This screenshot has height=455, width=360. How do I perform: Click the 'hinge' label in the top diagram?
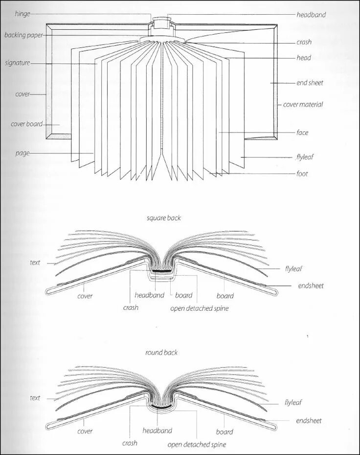click(x=22, y=14)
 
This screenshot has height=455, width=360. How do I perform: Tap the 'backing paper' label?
click(x=23, y=35)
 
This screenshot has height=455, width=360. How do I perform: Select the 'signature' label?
click(x=18, y=63)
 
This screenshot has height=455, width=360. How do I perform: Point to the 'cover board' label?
click(x=26, y=124)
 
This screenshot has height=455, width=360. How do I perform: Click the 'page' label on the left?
click(x=22, y=153)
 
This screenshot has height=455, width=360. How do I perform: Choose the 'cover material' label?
click(x=303, y=105)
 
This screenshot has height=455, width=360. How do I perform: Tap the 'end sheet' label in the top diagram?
click(x=310, y=83)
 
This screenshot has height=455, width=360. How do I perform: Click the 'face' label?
click(x=302, y=132)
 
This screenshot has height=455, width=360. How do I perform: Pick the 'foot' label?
click(x=302, y=173)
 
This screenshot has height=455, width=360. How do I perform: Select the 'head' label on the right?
click(x=304, y=58)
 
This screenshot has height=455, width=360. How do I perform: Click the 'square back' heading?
click(x=163, y=218)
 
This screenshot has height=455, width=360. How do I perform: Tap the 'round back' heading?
click(x=161, y=352)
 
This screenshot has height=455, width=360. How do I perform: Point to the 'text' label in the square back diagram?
click(x=35, y=262)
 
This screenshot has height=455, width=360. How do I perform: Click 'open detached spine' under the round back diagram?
click(x=197, y=445)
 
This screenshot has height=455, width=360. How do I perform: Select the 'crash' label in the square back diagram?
click(x=131, y=307)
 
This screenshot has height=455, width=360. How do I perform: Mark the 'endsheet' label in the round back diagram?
click(x=309, y=420)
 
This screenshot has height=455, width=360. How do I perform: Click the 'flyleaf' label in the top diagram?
click(x=305, y=157)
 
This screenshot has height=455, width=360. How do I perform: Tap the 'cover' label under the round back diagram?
click(x=85, y=432)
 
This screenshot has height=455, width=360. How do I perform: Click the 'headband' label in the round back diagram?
click(x=157, y=431)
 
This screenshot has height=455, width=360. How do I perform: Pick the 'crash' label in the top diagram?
click(x=304, y=42)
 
